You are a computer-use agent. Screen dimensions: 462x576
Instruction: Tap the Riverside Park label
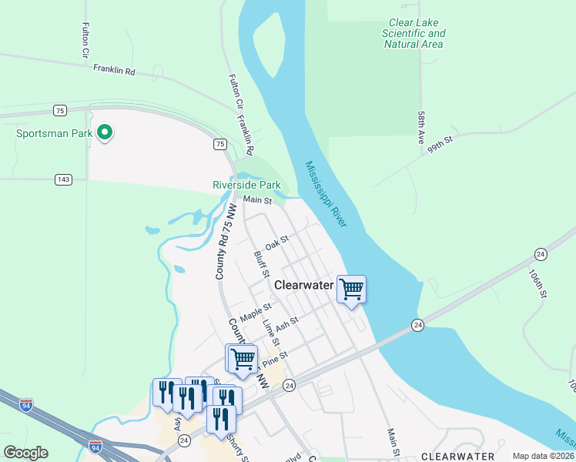click(246, 185)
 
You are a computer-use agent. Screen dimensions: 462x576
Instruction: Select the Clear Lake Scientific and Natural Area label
click(414, 34)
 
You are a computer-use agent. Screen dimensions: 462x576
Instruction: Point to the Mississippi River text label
click(327, 193)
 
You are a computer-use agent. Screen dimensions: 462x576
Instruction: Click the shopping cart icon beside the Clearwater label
click(351, 290)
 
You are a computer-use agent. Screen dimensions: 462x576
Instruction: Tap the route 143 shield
click(64, 179)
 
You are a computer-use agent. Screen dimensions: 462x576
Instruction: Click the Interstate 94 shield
click(95, 447)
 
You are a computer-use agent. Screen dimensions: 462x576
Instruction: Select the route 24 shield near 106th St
click(541, 254)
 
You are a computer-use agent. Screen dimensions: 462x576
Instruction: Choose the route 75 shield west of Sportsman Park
click(59, 109)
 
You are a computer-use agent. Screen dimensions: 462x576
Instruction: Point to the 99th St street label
click(443, 144)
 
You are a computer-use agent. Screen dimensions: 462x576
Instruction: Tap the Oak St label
click(276, 243)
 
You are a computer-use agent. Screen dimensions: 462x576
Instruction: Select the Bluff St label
click(262, 263)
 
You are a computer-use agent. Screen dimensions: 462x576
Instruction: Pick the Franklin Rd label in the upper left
click(114, 69)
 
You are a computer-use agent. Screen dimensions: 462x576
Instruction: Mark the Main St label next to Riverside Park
click(258, 200)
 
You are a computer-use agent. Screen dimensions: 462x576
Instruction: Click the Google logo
click(26, 453)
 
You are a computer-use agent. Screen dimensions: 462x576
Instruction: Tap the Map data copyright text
click(544, 456)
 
